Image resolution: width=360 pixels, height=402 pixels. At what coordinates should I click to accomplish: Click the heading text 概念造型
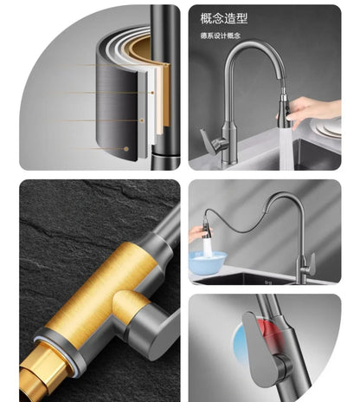coord(224,18)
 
